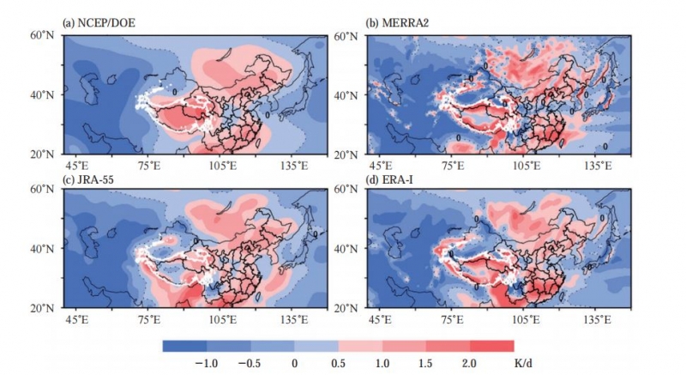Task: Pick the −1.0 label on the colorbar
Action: [x=207, y=364]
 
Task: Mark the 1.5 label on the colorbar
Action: [x=426, y=364]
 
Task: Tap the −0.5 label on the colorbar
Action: [x=250, y=364]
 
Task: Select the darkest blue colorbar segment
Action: [x=184, y=346]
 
